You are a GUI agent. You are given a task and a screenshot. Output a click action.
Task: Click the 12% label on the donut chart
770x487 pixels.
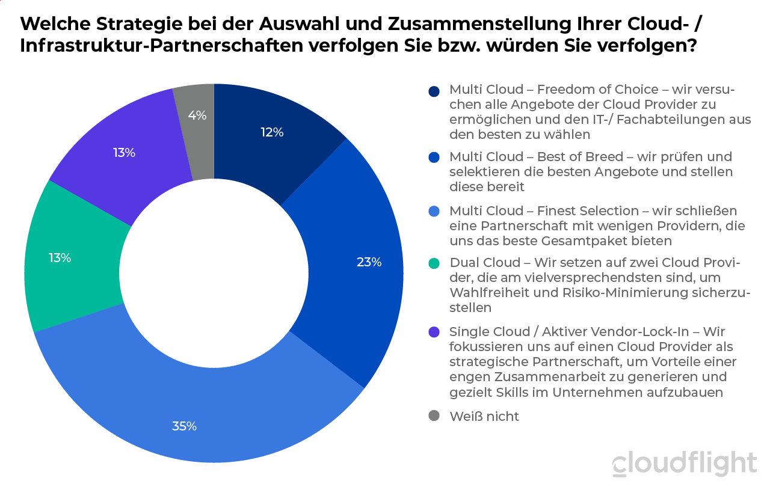click(272, 132)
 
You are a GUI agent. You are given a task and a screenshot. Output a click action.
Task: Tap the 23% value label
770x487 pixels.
click(369, 262)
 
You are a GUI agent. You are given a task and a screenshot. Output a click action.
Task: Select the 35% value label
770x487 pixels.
click(185, 426)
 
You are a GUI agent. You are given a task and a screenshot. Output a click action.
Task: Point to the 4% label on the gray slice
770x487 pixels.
click(197, 115)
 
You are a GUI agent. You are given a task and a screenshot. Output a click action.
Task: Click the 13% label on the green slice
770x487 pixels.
click(60, 258)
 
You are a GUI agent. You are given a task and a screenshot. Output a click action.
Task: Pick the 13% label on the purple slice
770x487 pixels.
click(124, 153)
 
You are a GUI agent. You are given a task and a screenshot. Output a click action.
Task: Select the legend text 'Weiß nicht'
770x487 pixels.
click(484, 416)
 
